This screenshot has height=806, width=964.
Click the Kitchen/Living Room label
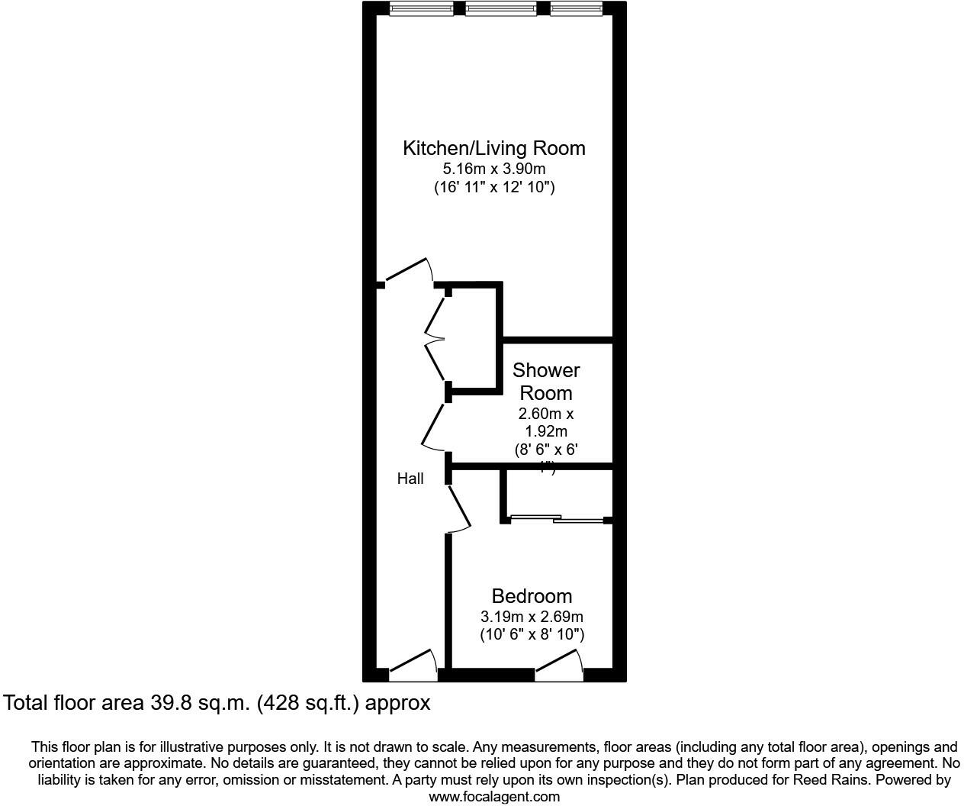click(x=494, y=148)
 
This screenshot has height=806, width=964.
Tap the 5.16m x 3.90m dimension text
click(x=494, y=169)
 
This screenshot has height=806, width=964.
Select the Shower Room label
click(x=546, y=382)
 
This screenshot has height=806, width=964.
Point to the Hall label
click(x=410, y=479)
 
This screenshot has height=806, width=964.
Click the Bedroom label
click(x=532, y=596)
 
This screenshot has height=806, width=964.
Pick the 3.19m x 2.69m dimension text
click(x=532, y=617)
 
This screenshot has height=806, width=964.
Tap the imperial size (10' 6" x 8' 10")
click(x=532, y=634)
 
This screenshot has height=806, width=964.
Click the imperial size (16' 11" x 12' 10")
click(x=494, y=187)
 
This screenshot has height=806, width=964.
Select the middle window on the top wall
click(x=500, y=9)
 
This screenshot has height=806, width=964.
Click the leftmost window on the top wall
click(x=422, y=9)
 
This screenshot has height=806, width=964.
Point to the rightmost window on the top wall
click(x=576, y=9)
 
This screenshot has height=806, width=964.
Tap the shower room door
click(x=433, y=427)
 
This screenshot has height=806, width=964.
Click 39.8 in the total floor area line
click(x=163, y=703)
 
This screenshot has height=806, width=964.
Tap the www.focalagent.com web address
click(x=494, y=797)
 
